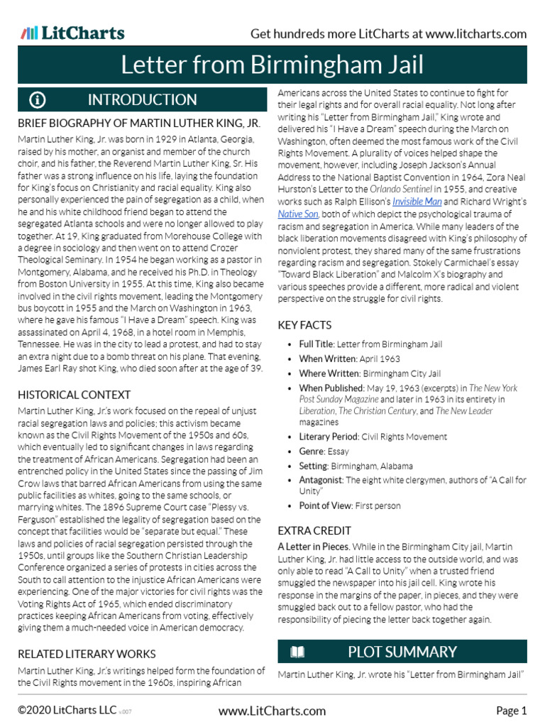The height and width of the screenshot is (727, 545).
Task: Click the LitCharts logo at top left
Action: point(72,33)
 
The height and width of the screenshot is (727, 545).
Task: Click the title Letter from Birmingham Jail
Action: point(272,65)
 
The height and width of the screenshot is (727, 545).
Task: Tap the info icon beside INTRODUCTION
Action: point(38,100)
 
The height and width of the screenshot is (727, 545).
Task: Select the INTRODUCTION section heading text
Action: point(142,100)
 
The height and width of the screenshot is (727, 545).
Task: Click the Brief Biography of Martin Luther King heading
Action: point(139,124)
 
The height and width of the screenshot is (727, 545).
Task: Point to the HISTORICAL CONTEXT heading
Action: point(74,395)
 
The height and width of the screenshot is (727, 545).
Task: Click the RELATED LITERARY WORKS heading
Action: point(87,653)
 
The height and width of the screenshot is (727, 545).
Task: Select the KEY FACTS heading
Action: point(304,325)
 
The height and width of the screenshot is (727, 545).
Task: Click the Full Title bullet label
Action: point(315,344)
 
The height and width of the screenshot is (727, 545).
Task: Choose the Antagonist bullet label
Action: point(321,481)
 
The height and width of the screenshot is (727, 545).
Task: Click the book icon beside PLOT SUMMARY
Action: point(297,652)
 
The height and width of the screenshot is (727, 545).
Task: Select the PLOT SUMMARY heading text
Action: point(402,652)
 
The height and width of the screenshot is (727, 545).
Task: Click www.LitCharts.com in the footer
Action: point(272,711)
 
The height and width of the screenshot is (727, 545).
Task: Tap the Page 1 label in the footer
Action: point(511,711)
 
